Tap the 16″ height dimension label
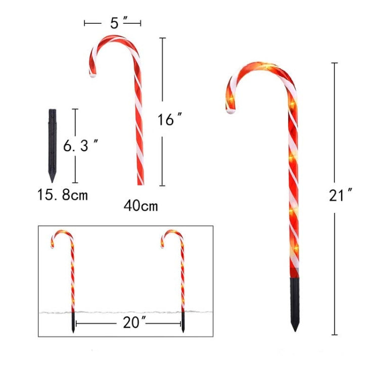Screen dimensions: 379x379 coord(169,120)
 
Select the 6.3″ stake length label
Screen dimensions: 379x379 coord(80,146)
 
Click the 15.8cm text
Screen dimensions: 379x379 coord(63,194)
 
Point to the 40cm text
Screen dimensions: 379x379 coord(140,206)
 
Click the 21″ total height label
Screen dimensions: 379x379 coord(340,195)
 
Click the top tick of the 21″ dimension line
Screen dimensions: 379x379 coord(335,63)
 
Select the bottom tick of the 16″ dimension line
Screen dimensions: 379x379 coord(162,185)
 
